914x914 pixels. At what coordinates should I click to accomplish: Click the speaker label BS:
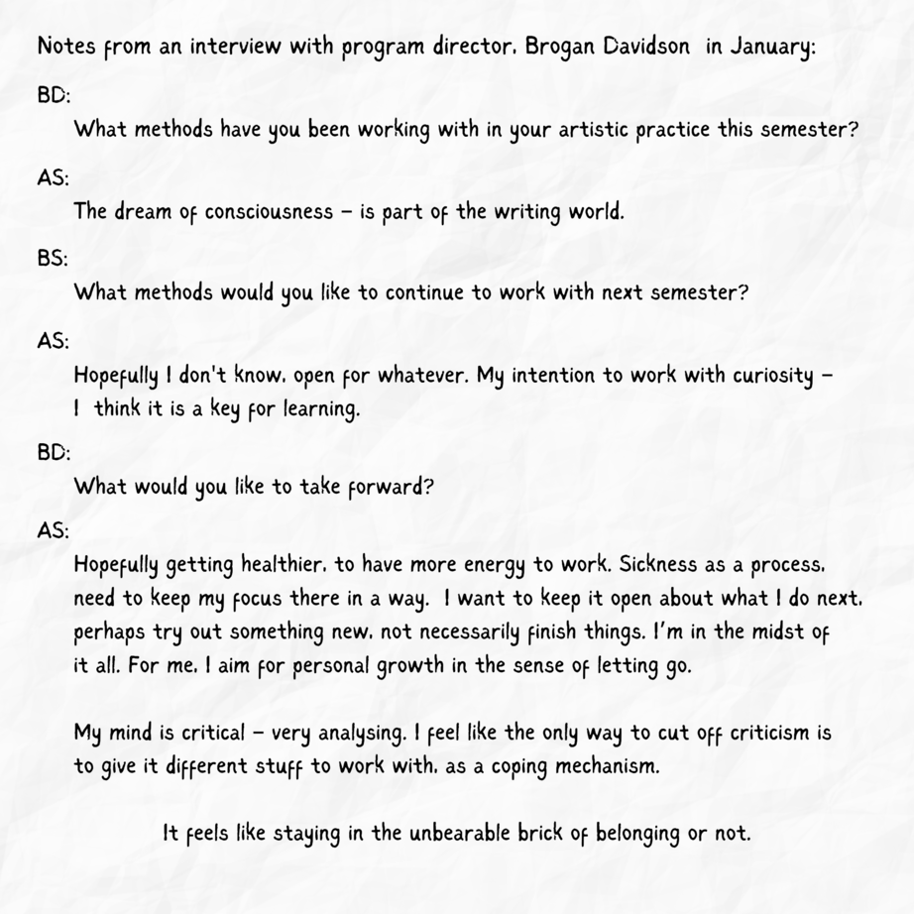pos(54,260)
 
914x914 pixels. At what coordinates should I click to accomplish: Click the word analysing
pos(362,735)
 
